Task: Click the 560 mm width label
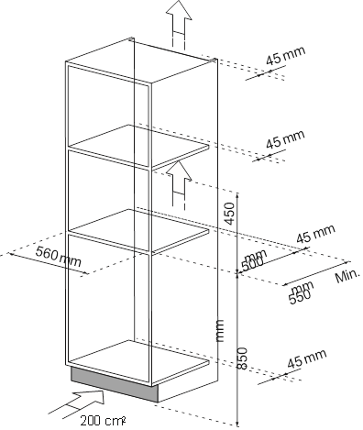click(x=58, y=259)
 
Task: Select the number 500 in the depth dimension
click(x=253, y=262)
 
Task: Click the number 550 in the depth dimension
click(x=301, y=296)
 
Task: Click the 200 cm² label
click(x=102, y=420)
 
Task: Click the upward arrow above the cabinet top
click(x=176, y=16)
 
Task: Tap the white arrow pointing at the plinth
click(x=86, y=400)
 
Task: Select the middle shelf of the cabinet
click(x=137, y=226)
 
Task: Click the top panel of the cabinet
click(x=142, y=55)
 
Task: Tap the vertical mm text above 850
click(x=219, y=331)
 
